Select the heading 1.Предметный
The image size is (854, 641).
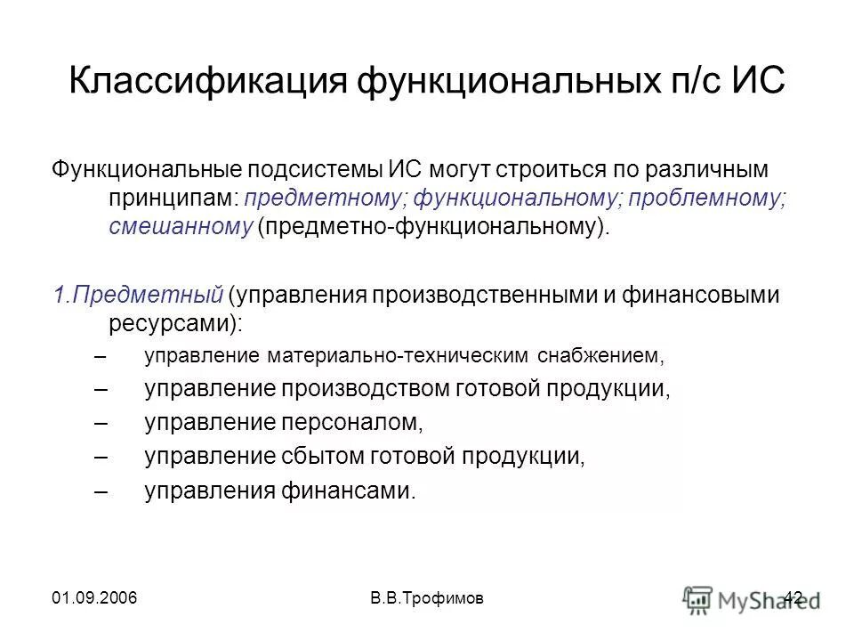pyautogui.click(x=135, y=295)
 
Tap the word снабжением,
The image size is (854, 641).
pyautogui.click(x=601, y=356)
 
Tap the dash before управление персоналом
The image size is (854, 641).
pyautogui.click(x=100, y=423)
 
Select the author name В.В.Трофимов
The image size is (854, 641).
pyautogui.click(x=427, y=596)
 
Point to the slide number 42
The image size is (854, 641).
pyautogui.click(x=794, y=596)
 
